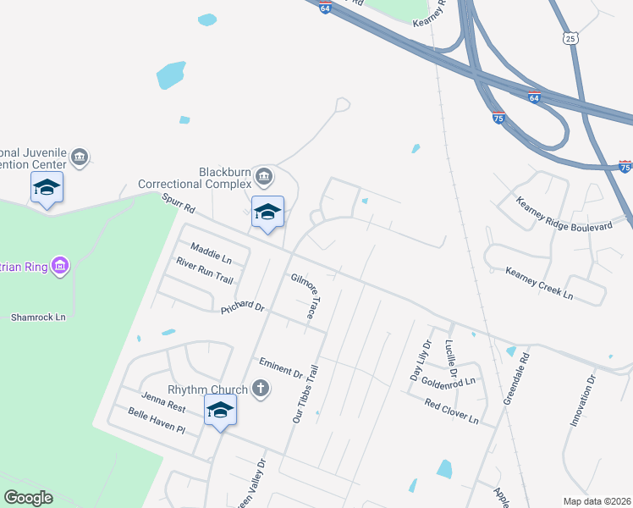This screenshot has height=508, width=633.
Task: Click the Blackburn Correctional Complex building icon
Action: click(x=263, y=176)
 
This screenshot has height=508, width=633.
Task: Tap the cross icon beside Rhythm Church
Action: click(x=261, y=389)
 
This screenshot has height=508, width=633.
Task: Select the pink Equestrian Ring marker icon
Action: click(x=59, y=267)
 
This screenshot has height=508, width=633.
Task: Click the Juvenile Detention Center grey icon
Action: click(x=80, y=157)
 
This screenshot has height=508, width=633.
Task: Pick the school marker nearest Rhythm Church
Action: click(x=220, y=411)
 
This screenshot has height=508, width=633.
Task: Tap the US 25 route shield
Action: click(x=572, y=39)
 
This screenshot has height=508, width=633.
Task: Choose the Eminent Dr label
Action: click(x=281, y=367)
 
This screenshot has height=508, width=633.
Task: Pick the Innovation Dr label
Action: click(x=583, y=400)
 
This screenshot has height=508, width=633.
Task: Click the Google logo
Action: click(x=28, y=498)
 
